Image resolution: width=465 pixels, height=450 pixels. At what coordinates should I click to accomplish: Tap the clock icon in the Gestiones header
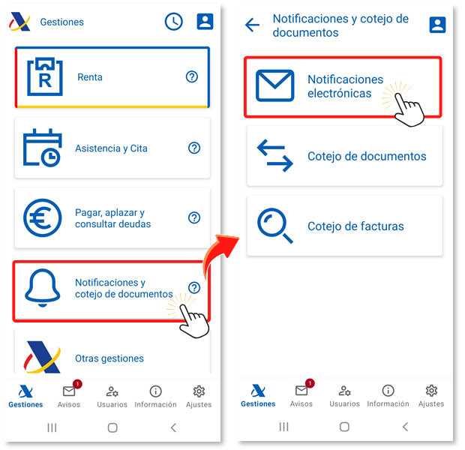(174, 22)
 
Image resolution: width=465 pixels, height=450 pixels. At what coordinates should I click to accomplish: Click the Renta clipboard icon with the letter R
(45, 76)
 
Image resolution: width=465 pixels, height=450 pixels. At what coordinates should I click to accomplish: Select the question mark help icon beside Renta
(192, 76)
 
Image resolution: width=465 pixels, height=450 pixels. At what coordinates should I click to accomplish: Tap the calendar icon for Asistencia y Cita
(43, 148)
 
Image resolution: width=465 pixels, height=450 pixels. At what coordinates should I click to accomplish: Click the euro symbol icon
(43, 218)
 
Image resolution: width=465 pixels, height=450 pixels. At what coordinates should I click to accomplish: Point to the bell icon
(43, 288)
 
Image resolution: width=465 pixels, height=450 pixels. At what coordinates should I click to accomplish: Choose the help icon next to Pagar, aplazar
(194, 217)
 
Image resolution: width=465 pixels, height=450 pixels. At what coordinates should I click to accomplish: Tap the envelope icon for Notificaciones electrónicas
(275, 85)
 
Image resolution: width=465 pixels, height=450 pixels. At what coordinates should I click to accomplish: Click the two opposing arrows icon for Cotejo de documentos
(275, 156)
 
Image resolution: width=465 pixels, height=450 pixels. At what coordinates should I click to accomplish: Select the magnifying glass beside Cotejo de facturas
(275, 226)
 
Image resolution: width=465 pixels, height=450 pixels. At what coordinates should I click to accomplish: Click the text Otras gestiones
(109, 358)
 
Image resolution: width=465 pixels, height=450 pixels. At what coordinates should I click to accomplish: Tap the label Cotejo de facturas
(355, 226)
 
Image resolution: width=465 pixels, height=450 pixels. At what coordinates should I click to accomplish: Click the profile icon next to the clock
(205, 21)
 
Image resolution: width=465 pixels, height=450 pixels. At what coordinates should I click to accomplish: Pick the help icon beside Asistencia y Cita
(194, 148)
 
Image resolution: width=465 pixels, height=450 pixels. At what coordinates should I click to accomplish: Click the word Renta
(90, 77)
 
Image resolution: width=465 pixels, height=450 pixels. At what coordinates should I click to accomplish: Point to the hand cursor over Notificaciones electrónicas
(409, 109)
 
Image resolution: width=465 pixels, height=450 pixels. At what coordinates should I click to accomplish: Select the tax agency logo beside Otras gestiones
(42, 357)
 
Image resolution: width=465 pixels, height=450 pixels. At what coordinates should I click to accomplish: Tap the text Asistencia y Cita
(111, 148)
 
